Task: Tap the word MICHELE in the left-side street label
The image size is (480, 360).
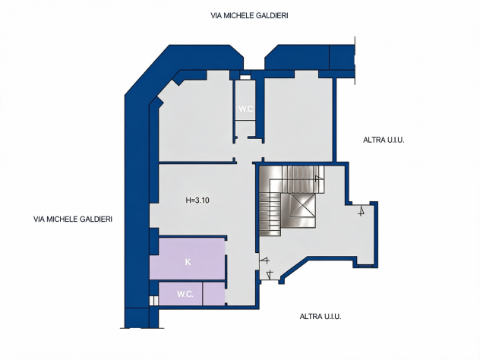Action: pyautogui.click(x=62, y=219)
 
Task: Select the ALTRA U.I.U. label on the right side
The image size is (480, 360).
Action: pyautogui.click(x=384, y=141)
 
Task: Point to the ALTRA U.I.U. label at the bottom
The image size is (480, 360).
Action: pyautogui.click(x=321, y=317)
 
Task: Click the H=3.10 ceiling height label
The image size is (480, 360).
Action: pyautogui.click(x=197, y=201)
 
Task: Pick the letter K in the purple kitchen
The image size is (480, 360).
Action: pyautogui.click(x=188, y=262)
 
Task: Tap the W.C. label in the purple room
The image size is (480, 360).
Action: pyautogui.click(x=185, y=294)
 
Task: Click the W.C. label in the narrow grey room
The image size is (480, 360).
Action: pyautogui.click(x=246, y=109)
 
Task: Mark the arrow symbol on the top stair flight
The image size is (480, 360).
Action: pyautogui.click(x=319, y=178)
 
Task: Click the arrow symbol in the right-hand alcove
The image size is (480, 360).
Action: pyautogui.click(x=362, y=211)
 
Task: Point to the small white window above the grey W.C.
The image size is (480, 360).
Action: pyautogui.click(x=245, y=77)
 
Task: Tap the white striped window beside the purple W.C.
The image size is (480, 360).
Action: pyautogui.click(x=153, y=301)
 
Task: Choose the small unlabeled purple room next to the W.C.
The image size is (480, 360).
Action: pyautogui.click(x=213, y=294)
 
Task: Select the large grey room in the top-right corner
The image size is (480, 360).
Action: pyautogui.click(x=298, y=119)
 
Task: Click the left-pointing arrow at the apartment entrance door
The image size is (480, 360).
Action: pyautogui.click(x=264, y=261)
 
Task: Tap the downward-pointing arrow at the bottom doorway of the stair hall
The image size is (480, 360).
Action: pyautogui.click(x=270, y=275)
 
